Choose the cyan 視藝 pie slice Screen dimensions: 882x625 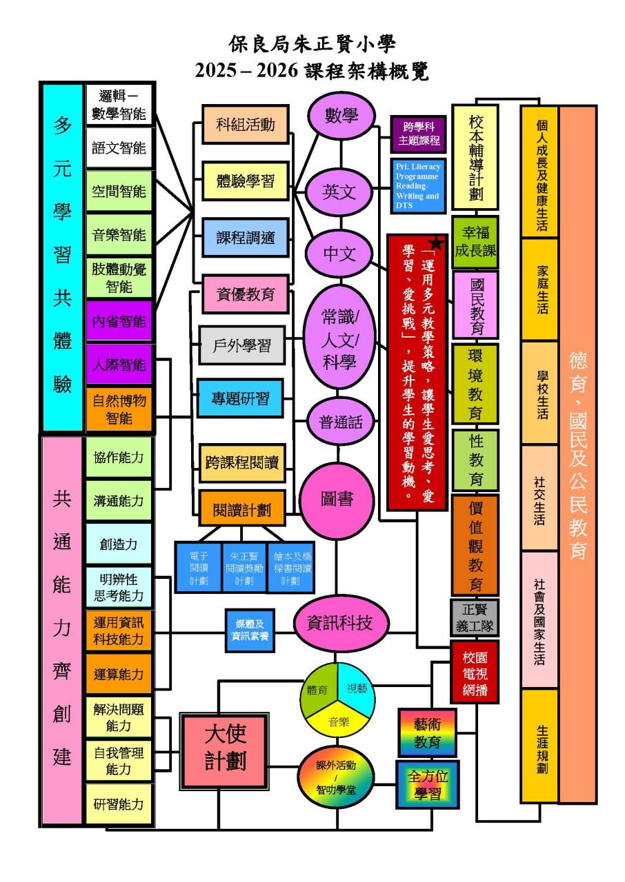(357, 688)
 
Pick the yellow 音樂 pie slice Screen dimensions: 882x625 (338, 722)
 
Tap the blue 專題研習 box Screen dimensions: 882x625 (240, 398)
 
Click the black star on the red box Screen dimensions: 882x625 (436, 243)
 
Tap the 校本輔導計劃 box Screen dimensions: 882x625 (475, 157)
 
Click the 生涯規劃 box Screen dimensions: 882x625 (539, 746)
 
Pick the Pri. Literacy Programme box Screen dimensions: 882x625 (418, 185)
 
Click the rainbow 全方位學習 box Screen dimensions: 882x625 (427, 785)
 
